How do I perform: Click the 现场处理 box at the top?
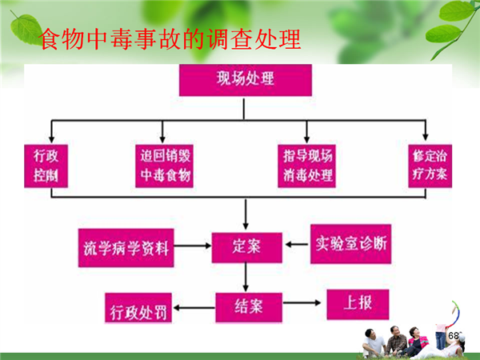click(246, 80)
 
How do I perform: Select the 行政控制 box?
click(46, 166)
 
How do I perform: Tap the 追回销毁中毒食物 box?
click(164, 166)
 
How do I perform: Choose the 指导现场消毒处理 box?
click(306, 166)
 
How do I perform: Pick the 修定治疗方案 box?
click(430, 166)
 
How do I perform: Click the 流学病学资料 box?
click(126, 248)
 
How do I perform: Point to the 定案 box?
click(246, 247)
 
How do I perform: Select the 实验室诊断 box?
click(351, 244)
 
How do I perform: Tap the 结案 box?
click(249, 307)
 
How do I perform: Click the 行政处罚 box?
click(138, 308)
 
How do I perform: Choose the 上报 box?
click(358, 304)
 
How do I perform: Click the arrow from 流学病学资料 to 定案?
click(193, 246)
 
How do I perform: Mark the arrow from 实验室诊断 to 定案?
click(297, 244)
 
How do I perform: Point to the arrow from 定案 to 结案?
click(246, 277)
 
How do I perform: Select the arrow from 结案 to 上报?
click(302, 302)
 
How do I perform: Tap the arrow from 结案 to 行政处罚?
click(194, 308)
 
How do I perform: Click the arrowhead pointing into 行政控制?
click(52, 139)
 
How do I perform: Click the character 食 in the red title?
click(49, 39)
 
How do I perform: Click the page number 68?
click(454, 336)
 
